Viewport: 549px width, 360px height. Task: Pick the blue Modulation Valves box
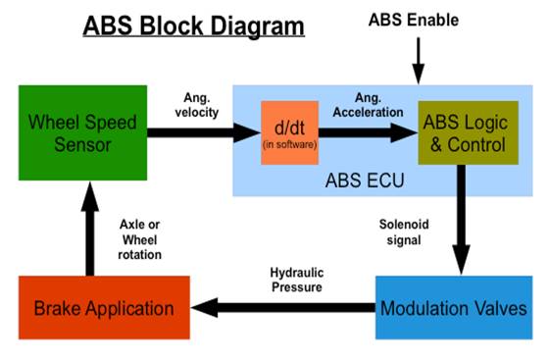[x=452, y=308]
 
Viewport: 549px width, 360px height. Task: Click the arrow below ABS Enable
[x=417, y=65]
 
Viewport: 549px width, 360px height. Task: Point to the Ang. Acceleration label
[x=369, y=105]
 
